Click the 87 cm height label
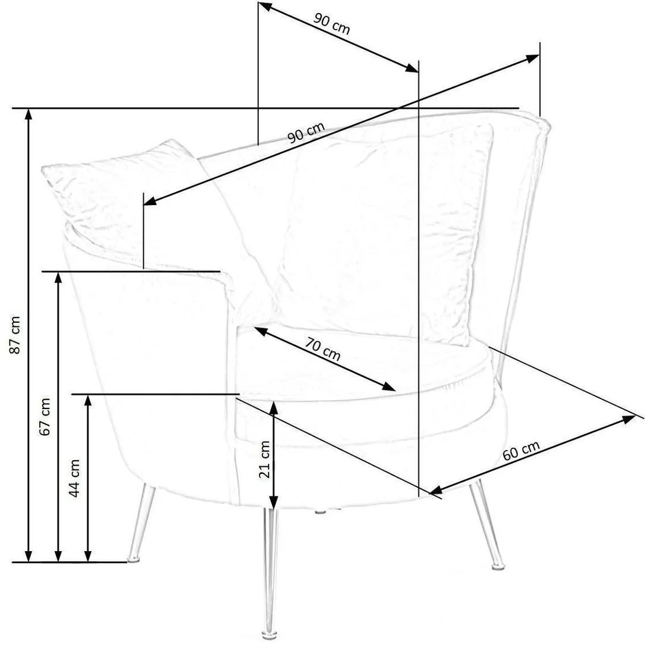tap(15, 335)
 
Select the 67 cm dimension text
tap(45, 417)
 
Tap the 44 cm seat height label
tap(74, 478)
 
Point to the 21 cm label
tap(265, 460)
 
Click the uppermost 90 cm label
tap(331, 24)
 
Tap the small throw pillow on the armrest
tap(121, 196)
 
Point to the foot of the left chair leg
tap(134, 558)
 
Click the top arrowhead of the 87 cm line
tap(29, 114)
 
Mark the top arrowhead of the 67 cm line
tap(58, 278)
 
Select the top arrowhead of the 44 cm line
tap(88, 400)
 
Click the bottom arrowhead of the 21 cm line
tap(273, 502)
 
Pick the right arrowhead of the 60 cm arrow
tap(628, 419)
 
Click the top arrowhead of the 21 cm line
tap(273, 407)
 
